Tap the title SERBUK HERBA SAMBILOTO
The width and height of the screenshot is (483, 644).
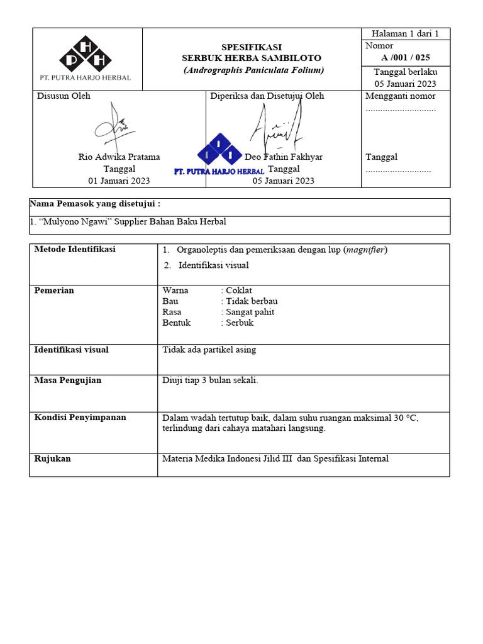pyautogui.click(x=252, y=58)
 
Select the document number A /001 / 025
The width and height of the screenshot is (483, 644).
pyautogui.click(x=406, y=57)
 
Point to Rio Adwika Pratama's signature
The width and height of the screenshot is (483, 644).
pyautogui.click(x=114, y=125)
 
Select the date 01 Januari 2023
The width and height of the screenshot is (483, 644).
pyautogui.click(x=119, y=181)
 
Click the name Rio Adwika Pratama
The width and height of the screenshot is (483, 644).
pyautogui.click(x=119, y=157)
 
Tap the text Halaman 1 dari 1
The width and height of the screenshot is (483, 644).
pyautogui.click(x=406, y=34)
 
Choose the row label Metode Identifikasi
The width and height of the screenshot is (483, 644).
pyautogui.click(x=75, y=250)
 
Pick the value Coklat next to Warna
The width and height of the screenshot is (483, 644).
pyautogui.click(x=239, y=291)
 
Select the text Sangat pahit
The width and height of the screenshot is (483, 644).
pyautogui.click(x=250, y=312)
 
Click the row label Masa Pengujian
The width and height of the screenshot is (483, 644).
pyautogui.click(x=67, y=380)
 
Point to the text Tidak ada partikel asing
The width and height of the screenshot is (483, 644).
pyautogui.click(x=209, y=350)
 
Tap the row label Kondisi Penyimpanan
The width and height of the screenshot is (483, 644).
pyautogui.click(x=80, y=418)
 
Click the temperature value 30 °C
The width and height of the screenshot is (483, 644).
pyautogui.click(x=406, y=418)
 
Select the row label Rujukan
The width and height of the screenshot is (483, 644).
pyautogui.click(x=52, y=459)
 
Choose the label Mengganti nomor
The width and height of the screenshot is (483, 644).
pyautogui.click(x=401, y=96)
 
